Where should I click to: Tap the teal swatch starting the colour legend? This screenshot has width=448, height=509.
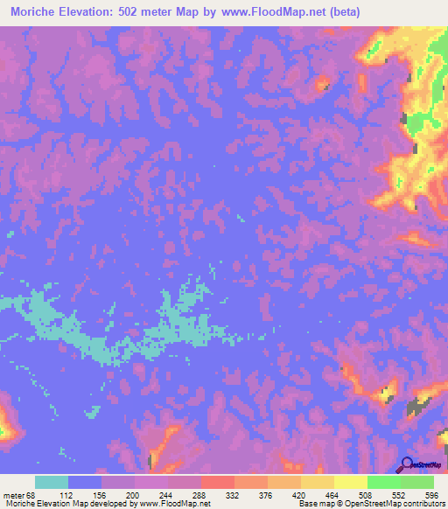point(52,482)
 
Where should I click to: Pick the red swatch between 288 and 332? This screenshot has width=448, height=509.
point(218,482)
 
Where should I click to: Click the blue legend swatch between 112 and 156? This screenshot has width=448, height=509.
point(85,482)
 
